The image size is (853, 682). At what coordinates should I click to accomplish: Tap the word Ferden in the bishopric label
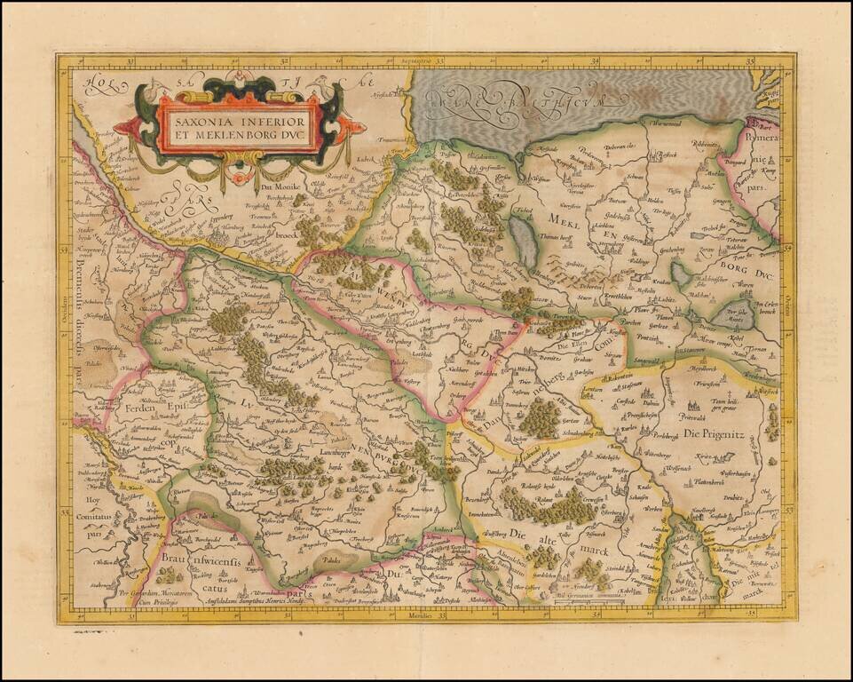click(145, 407)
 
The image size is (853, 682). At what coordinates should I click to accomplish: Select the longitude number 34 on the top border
click(596, 61)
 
